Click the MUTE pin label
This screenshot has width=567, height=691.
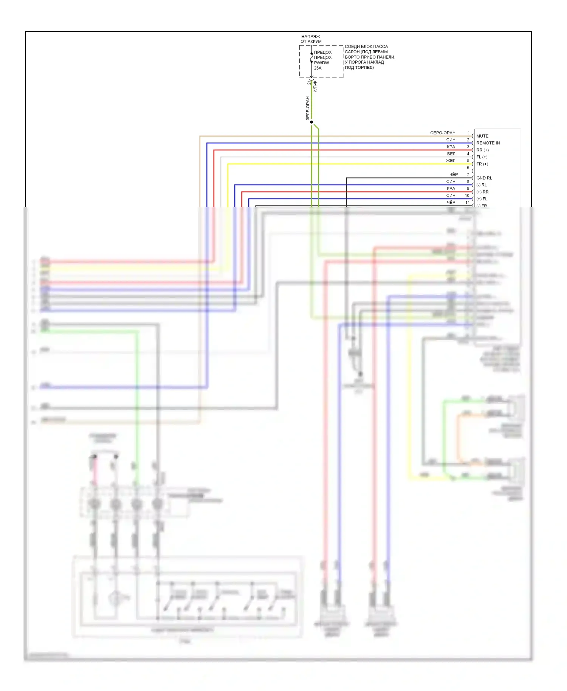click(482, 136)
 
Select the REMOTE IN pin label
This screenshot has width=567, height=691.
click(488, 143)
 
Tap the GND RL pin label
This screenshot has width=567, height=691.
click(484, 178)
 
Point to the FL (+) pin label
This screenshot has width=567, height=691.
click(482, 157)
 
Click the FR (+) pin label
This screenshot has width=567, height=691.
click(482, 164)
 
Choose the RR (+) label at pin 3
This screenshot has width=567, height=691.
click(482, 150)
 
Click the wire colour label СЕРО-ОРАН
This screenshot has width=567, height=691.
click(443, 133)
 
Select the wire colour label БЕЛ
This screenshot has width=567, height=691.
click(451, 154)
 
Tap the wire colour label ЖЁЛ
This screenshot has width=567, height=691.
click(451, 161)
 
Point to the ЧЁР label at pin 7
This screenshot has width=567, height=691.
click(453, 175)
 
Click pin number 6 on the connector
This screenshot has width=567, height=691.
click(468, 167)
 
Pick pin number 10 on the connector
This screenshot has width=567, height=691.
click(467, 195)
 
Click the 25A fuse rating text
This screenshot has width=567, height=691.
click(318, 68)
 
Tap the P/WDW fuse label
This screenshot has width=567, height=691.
click(321, 63)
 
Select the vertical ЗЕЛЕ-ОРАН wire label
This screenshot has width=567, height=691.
click(308, 108)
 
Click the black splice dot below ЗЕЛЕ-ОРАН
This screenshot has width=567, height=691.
click(311, 122)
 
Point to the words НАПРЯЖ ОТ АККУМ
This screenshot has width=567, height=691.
click(311, 39)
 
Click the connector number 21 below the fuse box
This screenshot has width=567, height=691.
click(308, 82)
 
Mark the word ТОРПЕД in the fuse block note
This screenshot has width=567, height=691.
click(364, 68)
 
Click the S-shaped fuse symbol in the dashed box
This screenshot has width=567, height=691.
click(311, 57)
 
